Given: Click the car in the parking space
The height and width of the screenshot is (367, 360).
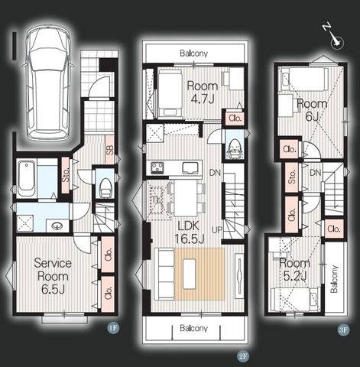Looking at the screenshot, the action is (x=47, y=83).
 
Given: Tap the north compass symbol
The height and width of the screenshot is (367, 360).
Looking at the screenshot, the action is (x=334, y=37).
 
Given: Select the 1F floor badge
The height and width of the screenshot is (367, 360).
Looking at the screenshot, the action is (x=113, y=327).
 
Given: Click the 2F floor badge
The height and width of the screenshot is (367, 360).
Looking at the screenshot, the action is (x=243, y=356).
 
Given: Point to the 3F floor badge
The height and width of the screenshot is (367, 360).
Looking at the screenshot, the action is (x=343, y=330).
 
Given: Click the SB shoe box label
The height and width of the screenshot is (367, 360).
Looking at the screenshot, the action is (x=110, y=150).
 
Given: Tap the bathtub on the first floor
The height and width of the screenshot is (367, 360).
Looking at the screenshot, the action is (x=27, y=177).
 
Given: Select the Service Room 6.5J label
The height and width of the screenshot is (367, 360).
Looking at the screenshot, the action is (x=53, y=276).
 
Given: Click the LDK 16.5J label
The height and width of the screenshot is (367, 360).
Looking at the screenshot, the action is (x=189, y=232).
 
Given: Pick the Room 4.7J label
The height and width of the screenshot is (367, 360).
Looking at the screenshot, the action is (x=203, y=93).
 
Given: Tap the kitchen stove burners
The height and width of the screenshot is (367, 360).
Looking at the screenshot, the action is (x=157, y=168).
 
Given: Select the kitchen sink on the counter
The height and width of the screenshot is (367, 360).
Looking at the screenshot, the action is (x=190, y=168).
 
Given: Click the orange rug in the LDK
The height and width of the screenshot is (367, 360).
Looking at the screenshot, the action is (x=199, y=274).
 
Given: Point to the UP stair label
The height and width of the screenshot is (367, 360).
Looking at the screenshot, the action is (x=217, y=230).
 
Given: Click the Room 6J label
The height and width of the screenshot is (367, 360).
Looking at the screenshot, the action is (x=312, y=110).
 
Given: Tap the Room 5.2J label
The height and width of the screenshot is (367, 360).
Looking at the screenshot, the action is (x=294, y=269).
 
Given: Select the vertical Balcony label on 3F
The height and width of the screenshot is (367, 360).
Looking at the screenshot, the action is (x=334, y=279).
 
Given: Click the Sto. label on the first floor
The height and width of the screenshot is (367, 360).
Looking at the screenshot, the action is (x=66, y=174).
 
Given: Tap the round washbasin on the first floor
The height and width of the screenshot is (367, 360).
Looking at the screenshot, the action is (x=57, y=226).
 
